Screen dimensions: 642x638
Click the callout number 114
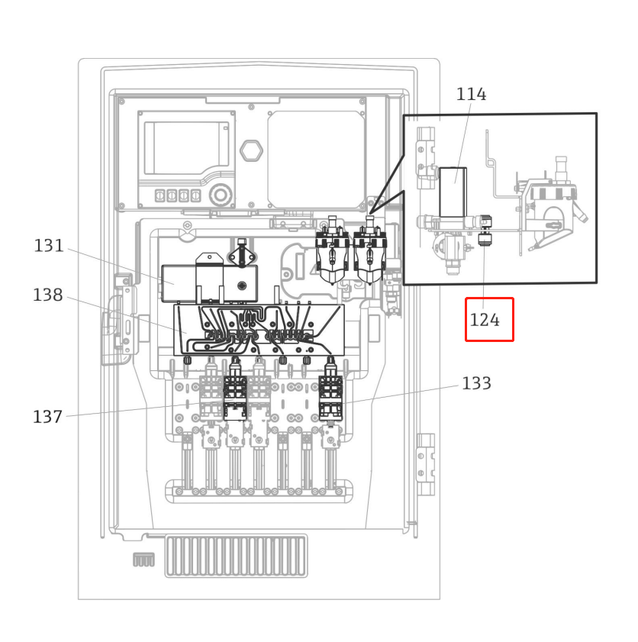(x=471, y=95)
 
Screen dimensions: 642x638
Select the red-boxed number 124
(x=485, y=321)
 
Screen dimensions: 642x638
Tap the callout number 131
(x=49, y=246)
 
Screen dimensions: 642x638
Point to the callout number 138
(x=48, y=295)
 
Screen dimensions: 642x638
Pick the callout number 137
(x=47, y=417)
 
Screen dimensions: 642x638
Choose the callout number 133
(x=476, y=383)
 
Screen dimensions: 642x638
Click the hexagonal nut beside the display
(x=251, y=150)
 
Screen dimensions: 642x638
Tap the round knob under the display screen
(x=221, y=195)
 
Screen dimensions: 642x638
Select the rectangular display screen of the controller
(x=187, y=148)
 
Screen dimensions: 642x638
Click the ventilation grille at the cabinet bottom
(x=237, y=555)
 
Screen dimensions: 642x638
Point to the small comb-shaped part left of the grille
(x=143, y=560)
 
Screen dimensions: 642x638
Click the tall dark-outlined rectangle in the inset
(x=453, y=192)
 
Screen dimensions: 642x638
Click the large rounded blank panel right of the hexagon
(x=316, y=160)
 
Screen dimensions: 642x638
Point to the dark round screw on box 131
(x=242, y=286)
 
